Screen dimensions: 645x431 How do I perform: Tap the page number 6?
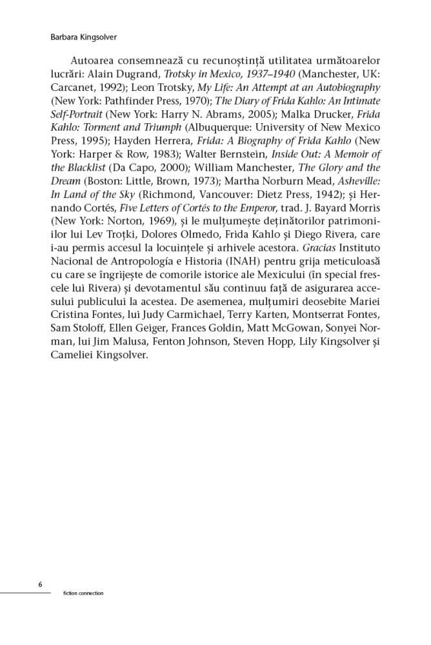tap(40, 584)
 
